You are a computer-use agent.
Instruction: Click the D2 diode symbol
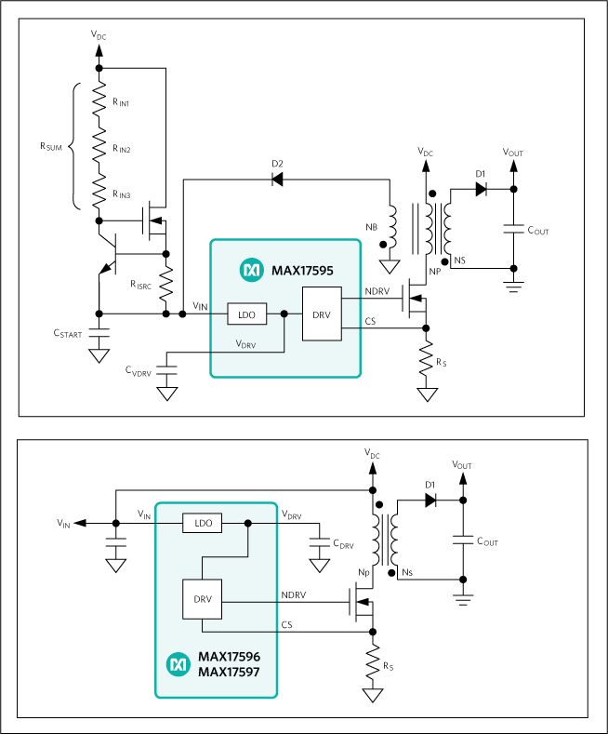coord(278,180)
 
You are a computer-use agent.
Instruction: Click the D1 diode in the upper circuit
coord(481,189)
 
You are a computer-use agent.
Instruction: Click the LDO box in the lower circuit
coord(204,524)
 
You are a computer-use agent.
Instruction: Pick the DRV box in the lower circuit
coord(204,599)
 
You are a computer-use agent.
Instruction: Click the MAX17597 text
coord(229,671)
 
